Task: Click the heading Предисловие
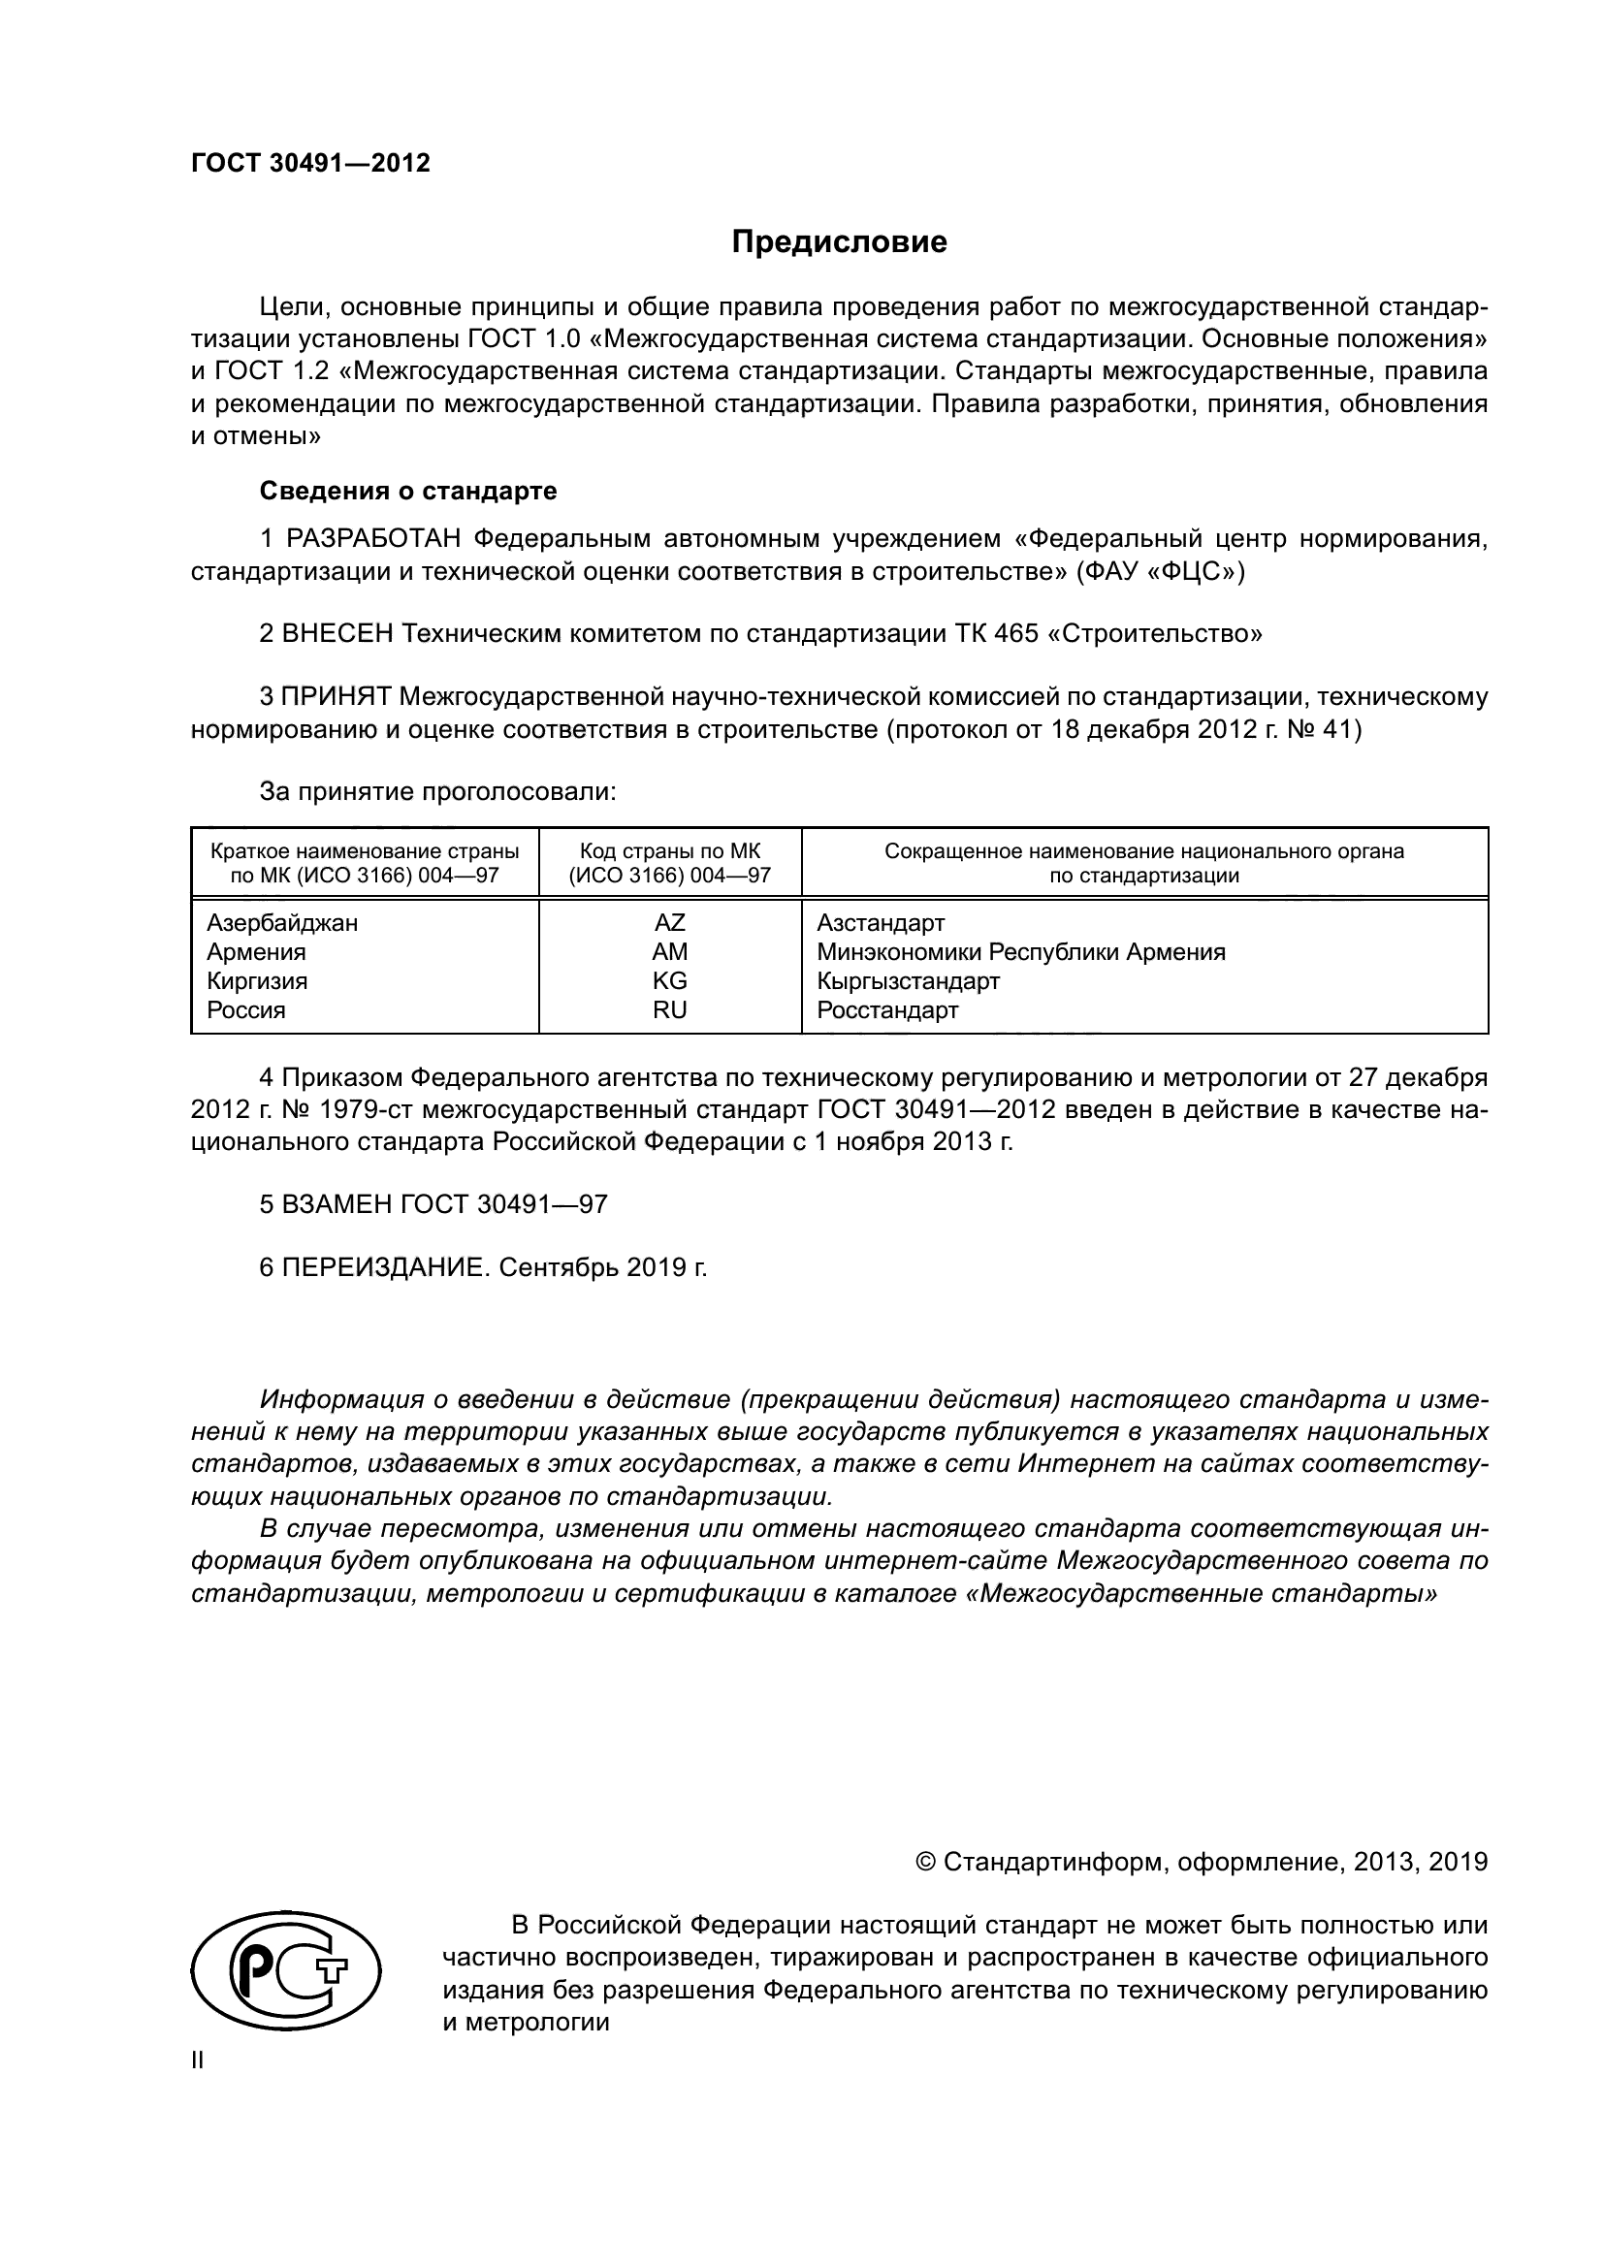pyautogui.click(x=839, y=242)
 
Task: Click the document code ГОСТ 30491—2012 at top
pyautogui.click(x=310, y=163)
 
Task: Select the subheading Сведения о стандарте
pyautogui.click(x=408, y=491)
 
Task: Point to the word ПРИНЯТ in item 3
pyautogui.click(x=336, y=697)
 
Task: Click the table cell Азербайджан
pyautogui.click(x=282, y=922)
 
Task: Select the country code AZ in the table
pyautogui.click(x=670, y=922)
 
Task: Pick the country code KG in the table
pyautogui.click(x=670, y=981)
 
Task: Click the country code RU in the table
pyautogui.click(x=670, y=1009)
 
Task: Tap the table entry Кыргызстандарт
pyautogui.click(x=908, y=981)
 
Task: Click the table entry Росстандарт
pyautogui.click(x=887, y=1009)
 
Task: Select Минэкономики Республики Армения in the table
pyautogui.click(x=1020, y=952)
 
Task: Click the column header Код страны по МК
pyautogui.click(x=670, y=851)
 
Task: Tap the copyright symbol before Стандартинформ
pyautogui.click(x=926, y=1862)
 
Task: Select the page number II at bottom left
pyautogui.click(x=198, y=2060)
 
